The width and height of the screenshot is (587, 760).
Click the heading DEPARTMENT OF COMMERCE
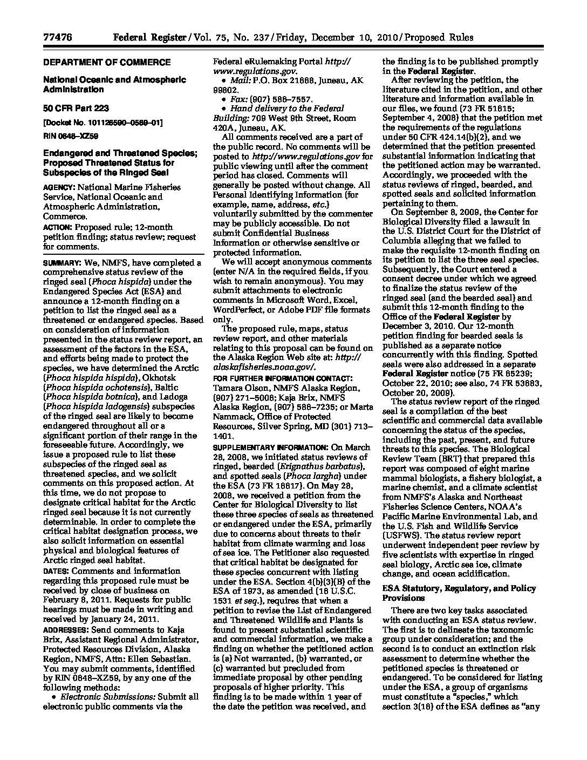pyautogui.click(x=107, y=62)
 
